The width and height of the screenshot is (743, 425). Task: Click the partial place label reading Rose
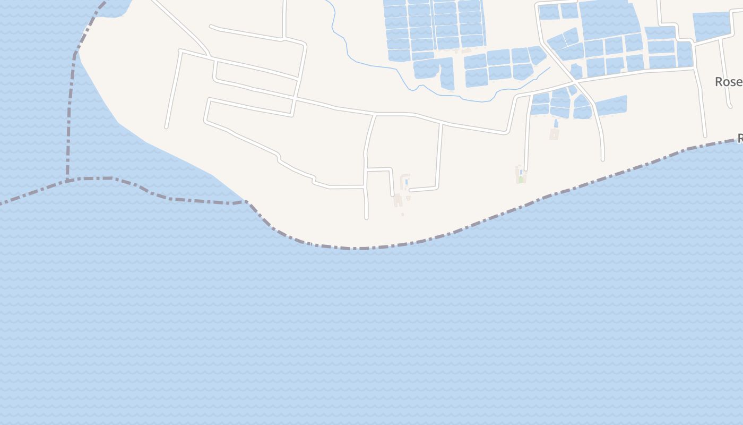pyautogui.click(x=728, y=82)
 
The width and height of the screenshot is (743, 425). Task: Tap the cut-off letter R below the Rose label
pyautogui.click(x=740, y=139)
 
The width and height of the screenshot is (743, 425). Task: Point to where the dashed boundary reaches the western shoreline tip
pyautogui.click(x=246, y=201)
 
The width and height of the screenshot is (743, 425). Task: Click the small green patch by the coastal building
pyautogui.click(x=521, y=180)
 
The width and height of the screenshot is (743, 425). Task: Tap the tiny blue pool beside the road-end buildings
pyautogui.click(x=407, y=182)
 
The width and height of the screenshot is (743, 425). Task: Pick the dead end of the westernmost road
pyautogui.click(x=167, y=127)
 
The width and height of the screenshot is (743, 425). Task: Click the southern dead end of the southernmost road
pyautogui.click(x=366, y=218)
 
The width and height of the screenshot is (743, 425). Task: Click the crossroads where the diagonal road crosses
pyautogui.click(x=575, y=83)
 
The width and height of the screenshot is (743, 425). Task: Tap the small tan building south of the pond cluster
pyautogui.click(x=554, y=133)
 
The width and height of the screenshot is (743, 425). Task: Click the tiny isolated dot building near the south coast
pyautogui.click(x=402, y=214)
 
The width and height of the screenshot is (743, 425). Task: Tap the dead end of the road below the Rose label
pyautogui.click(x=705, y=135)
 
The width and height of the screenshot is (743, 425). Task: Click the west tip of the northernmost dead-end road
pyautogui.click(x=211, y=26)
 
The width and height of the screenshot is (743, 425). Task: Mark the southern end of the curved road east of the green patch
pyautogui.click(x=602, y=159)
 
